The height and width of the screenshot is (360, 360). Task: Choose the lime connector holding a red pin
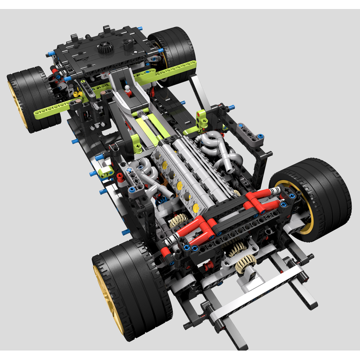[201, 118]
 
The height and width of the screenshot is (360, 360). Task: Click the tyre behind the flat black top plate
[173, 45]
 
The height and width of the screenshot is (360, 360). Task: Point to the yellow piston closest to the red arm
[196, 207]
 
